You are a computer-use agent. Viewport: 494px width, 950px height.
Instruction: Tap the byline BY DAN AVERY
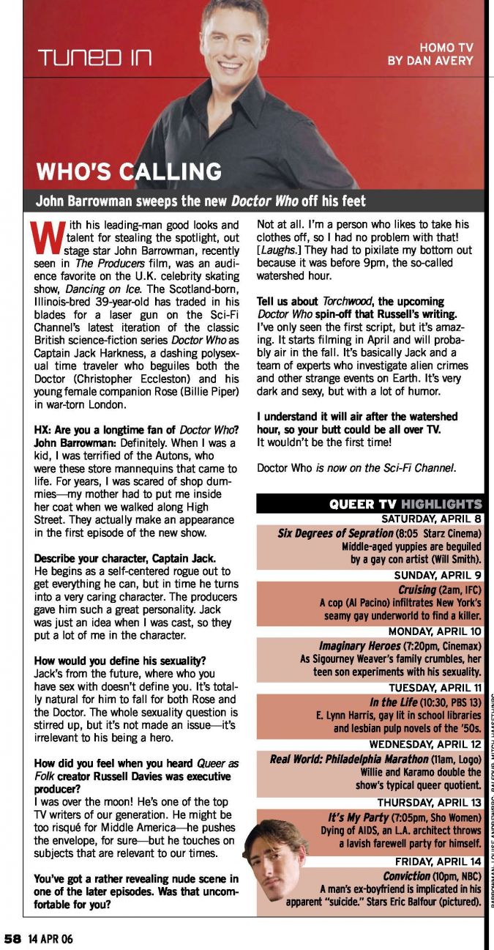(430, 61)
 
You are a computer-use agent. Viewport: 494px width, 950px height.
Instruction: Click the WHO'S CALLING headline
(129, 172)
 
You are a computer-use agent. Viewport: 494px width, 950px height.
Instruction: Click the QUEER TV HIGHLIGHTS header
(405, 504)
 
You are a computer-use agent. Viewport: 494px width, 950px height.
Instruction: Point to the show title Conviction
(407, 875)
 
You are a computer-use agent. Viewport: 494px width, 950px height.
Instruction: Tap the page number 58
(12, 938)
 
